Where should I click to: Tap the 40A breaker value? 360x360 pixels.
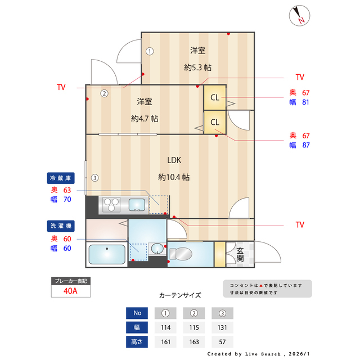70,291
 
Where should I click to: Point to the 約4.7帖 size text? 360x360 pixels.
145,119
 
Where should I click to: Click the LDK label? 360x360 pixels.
173,159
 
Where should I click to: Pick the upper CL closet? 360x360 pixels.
215,97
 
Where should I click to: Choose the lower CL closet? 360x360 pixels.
215,121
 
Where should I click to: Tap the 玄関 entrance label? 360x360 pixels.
240,254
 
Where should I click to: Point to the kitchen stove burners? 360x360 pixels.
111,204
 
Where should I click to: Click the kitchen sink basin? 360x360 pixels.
137,204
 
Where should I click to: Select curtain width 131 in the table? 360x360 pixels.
222,327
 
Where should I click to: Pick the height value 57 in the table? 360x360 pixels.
222,341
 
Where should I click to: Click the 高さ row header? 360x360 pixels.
137,341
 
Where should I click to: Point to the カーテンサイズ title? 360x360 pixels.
180,295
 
